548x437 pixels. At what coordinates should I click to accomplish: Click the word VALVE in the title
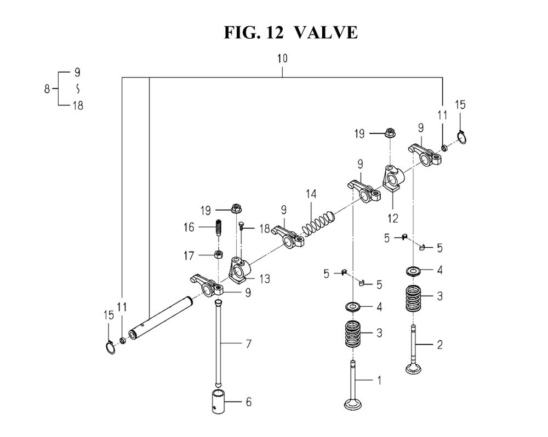pos(326,32)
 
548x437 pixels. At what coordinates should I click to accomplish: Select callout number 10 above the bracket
pos(282,58)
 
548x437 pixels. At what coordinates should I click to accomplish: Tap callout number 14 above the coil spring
pos(311,194)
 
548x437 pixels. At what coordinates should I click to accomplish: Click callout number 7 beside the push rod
pos(248,344)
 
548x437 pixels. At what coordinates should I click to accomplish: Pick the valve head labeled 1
pos(353,404)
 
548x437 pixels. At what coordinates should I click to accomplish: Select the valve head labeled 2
pos(414,369)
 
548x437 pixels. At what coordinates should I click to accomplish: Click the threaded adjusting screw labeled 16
pos(218,228)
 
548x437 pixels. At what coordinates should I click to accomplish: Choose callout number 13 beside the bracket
pos(265,278)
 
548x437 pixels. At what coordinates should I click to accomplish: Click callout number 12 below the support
pos(393,218)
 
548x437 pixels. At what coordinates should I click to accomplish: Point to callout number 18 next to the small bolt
pos(265,229)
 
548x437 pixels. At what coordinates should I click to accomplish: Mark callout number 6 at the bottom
pos(248,402)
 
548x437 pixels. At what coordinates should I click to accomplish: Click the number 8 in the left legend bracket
pos(47,89)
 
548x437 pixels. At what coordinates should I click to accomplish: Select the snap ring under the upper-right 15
pos(462,137)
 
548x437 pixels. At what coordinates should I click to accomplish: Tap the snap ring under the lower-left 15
pos(110,347)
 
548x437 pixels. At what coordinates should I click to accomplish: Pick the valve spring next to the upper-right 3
pos(413,299)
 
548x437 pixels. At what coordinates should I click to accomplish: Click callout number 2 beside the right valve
pos(439,345)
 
